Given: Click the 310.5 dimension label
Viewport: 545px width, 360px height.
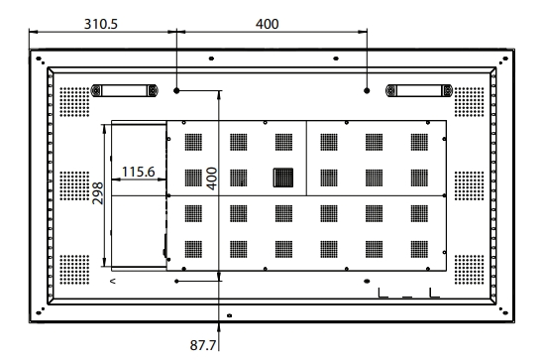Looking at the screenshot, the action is [x=101, y=24].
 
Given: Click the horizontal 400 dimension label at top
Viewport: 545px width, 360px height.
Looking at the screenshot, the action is [x=267, y=24].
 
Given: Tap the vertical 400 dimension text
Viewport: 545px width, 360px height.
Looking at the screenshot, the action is [x=212, y=179].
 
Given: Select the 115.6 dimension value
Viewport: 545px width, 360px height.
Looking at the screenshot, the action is [x=139, y=172].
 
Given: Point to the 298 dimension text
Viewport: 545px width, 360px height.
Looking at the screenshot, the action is [x=98, y=193].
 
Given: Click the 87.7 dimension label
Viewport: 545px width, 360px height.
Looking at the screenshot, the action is [x=203, y=345].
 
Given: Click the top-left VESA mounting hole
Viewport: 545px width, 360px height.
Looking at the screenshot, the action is [x=176, y=91].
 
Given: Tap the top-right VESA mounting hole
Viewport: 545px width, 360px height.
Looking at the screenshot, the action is [x=367, y=91].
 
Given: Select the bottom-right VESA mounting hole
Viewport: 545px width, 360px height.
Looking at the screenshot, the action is [x=367, y=281].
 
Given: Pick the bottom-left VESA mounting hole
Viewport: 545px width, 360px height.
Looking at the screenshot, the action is [x=176, y=281].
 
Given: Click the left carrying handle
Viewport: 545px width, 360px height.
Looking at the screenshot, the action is [x=124, y=91].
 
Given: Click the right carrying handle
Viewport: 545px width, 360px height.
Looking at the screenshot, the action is [x=419, y=91].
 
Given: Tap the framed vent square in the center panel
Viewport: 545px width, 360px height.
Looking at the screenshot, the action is [x=283, y=178].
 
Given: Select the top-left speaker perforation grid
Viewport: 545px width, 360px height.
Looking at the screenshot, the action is [x=74, y=102].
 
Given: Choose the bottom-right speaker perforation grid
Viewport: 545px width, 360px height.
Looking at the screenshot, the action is [x=470, y=270].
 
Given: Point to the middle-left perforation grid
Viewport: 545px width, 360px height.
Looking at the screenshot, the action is [x=74, y=185].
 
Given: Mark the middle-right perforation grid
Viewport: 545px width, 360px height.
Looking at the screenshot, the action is [x=470, y=185].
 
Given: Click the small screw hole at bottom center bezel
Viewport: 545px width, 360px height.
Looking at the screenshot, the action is [x=230, y=315].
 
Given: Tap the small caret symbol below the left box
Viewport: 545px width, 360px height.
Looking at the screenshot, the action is [x=113, y=281].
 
